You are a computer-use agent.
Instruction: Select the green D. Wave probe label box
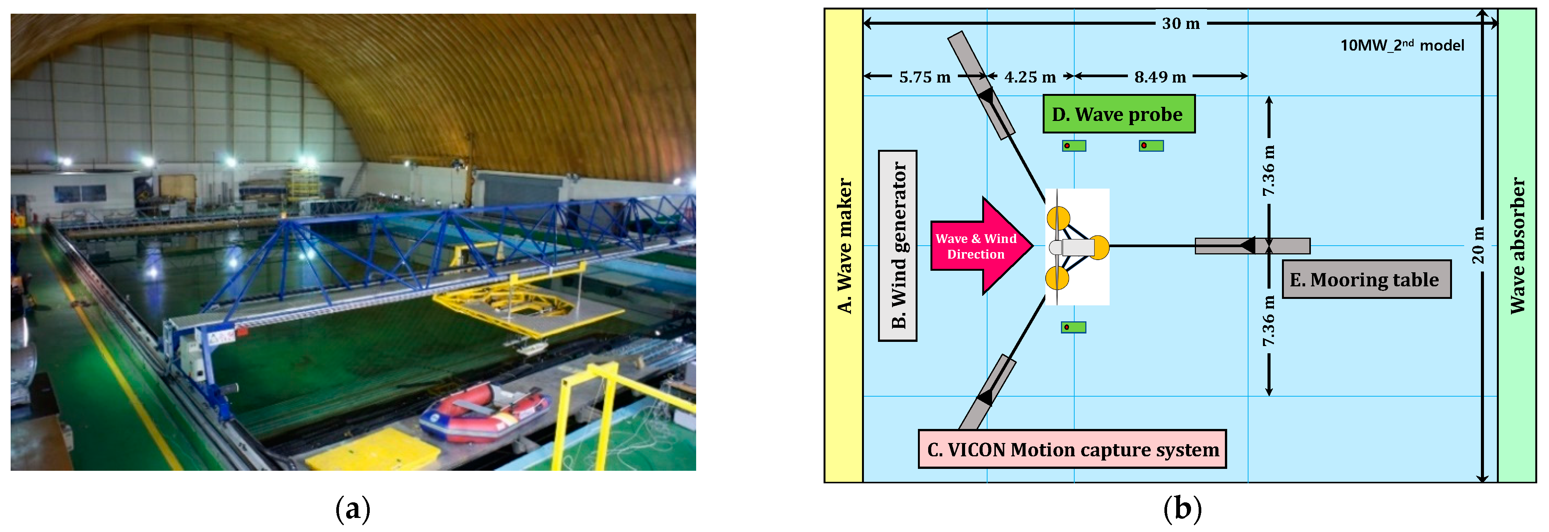(1118, 114)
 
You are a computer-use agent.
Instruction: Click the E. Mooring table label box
(1366, 279)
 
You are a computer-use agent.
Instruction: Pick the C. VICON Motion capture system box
(1072, 449)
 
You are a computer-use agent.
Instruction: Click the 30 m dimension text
(1180, 24)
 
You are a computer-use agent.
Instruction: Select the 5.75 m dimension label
(925, 77)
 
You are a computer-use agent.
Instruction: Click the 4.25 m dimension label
(1030, 77)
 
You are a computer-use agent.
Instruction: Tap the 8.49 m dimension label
(1160, 77)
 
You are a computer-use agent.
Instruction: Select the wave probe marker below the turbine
(1073, 327)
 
